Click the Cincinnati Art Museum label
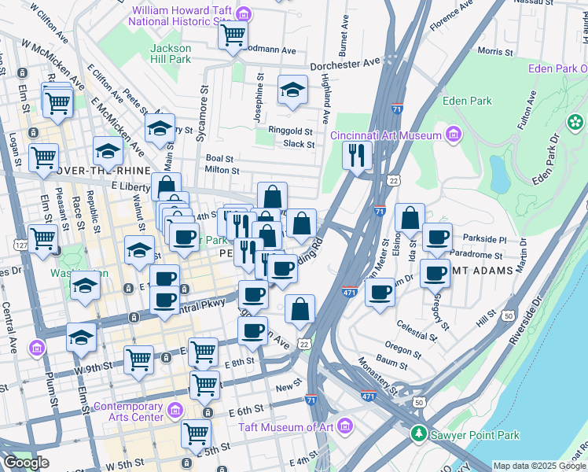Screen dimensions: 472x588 coord(385,135)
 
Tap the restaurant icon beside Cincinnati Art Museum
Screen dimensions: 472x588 coord(357,155)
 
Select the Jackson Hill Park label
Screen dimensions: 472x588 coord(171,53)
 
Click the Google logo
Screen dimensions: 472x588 coord(26,463)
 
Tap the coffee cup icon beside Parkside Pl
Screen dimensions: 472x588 coord(437,237)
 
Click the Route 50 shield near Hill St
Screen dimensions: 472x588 coord(509,315)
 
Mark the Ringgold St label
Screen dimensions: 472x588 coord(291,132)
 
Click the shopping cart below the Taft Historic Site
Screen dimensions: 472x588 coord(233,35)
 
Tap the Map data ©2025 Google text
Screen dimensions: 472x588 coord(539,466)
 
